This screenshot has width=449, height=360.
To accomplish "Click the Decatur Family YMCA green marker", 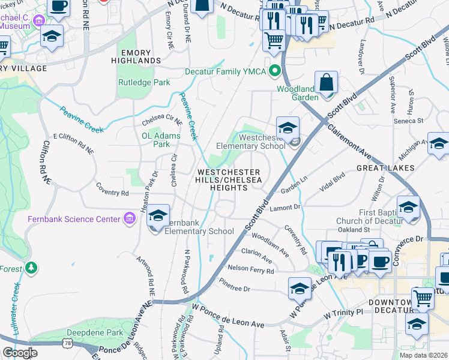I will (x=276, y=71).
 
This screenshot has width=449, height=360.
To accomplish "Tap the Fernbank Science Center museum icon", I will (x=128, y=219).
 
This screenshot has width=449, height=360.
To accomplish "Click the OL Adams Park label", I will (x=161, y=140).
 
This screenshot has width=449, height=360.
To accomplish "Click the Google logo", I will (x=19, y=352).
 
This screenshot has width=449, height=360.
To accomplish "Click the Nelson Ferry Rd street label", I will (x=250, y=269).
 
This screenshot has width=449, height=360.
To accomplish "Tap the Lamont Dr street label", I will (x=285, y=207).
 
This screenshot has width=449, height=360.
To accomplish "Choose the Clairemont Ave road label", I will (x=351, y=136).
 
